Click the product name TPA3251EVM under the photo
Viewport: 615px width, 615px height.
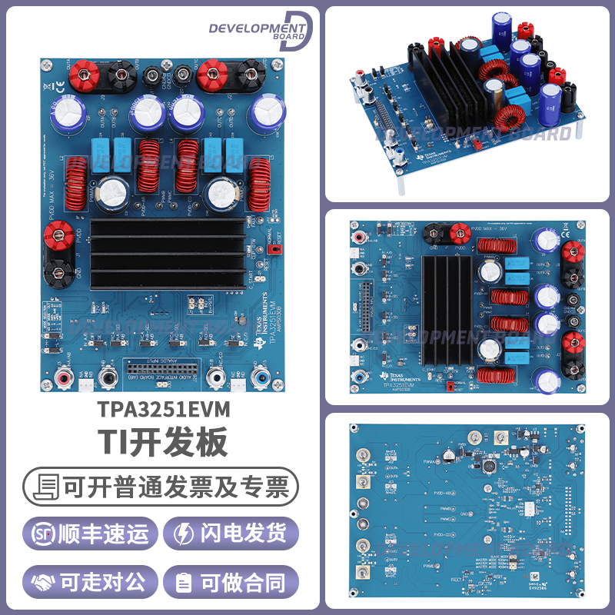click(x=165, y=407)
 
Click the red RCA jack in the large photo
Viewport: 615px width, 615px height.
click(x=64, y=377)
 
